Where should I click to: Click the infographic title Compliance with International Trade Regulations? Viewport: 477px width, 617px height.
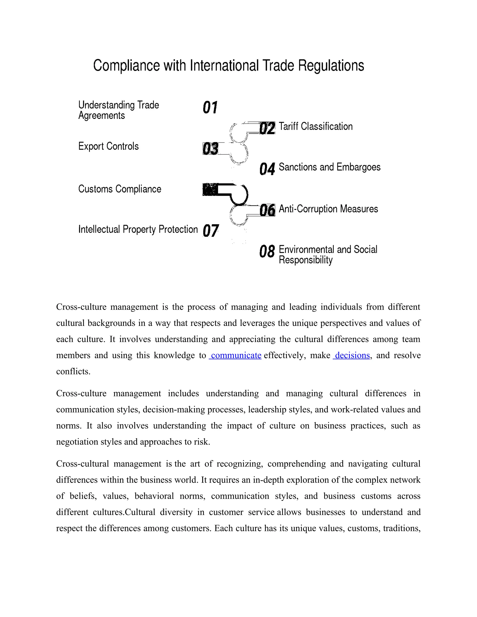point(228,66)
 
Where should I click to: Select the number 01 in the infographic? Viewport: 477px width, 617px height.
point(210,108)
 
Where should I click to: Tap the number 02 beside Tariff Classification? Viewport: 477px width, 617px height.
point(267,128)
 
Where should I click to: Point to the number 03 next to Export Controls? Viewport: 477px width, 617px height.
point(210,149)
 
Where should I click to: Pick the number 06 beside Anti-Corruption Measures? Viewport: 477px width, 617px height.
point(267,210)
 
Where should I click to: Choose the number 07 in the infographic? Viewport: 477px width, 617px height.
point(211,231)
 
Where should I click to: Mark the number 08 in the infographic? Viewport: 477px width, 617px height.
point(267,251)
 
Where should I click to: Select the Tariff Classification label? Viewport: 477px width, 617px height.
point(316,126)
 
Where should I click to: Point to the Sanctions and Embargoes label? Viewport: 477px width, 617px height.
point(330,167)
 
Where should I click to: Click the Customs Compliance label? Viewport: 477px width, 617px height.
point(119,189)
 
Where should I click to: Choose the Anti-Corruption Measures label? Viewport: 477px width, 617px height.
point(328,209)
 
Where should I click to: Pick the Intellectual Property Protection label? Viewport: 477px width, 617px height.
point(138,229)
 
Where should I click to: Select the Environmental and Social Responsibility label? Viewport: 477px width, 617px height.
point(328,254)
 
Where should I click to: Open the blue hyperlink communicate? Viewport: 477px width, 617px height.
point(236,355)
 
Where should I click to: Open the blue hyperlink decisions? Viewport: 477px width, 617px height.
point(352,355)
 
